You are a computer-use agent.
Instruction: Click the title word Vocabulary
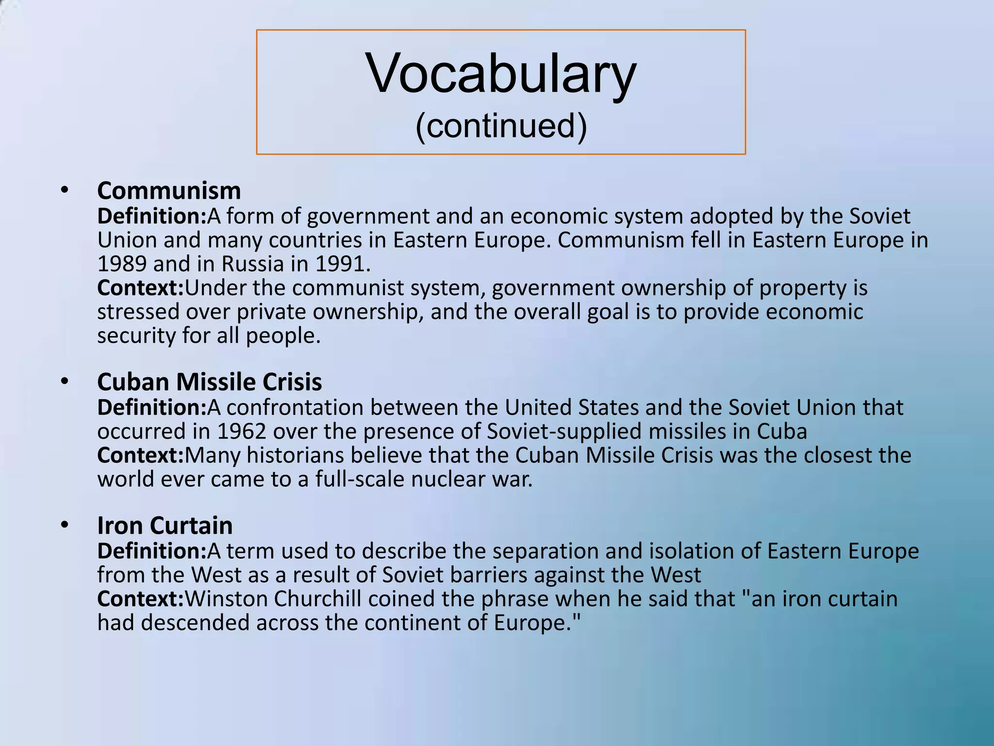point(501,74)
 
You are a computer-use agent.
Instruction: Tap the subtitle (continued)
point(501,126)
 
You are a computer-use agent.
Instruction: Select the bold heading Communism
point(169,190)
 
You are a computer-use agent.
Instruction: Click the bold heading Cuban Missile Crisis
point(209,382)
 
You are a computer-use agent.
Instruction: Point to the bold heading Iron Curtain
point(165,526)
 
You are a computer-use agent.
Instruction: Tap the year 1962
point(241,431)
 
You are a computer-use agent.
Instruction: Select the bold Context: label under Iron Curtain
point(140,599)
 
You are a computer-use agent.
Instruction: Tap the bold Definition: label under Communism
point(152,216)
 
